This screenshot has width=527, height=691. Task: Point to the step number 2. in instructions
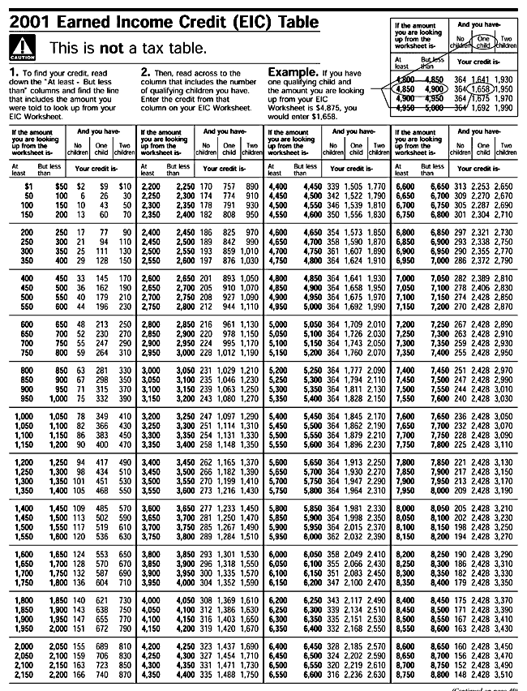pos(145,73)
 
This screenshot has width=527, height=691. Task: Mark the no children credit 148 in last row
pos(461,673)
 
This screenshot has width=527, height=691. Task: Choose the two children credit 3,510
pos(503,673)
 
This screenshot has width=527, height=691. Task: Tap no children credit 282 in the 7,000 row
pos(461,277)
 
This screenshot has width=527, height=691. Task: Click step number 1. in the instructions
pos(15,73)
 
